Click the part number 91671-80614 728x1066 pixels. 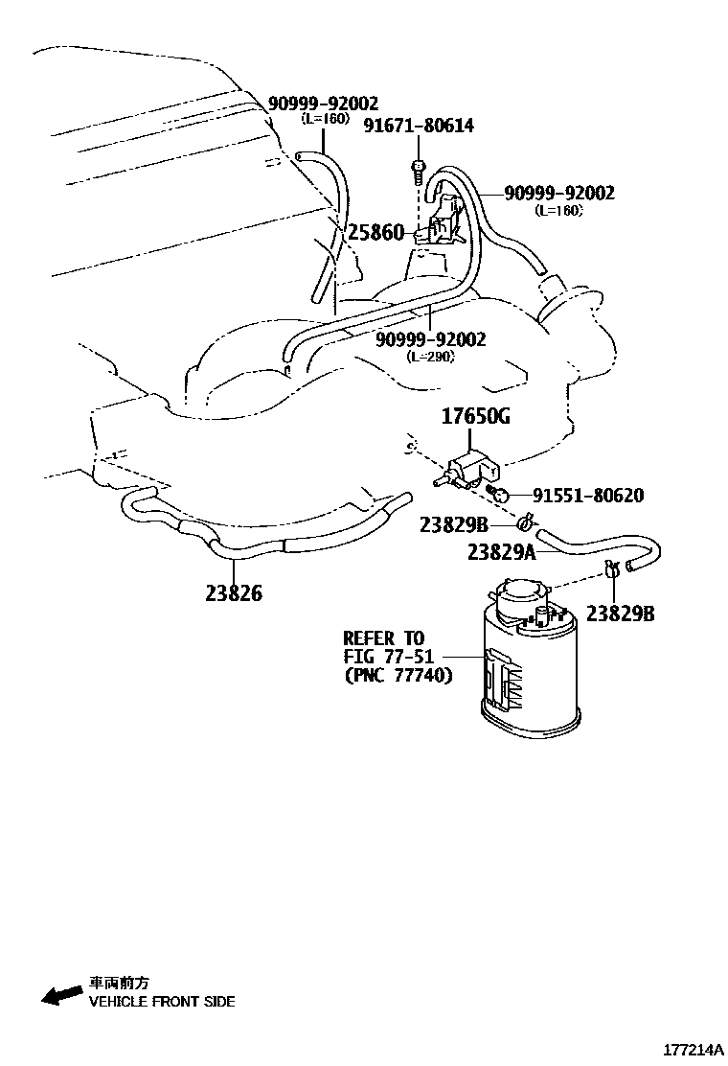pos(419,126)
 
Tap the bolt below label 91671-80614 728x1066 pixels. pos(418,172)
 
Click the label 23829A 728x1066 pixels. pos(502,551)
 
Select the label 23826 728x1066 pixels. pos(233,593)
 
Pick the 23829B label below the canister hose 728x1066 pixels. pos(620,614)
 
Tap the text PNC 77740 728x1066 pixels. pos(398,675)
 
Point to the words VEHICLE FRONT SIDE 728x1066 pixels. pos(162,1002)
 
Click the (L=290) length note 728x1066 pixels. pos(430,356)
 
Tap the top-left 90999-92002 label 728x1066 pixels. pos(323,104)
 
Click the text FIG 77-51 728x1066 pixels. pos(389,657)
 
